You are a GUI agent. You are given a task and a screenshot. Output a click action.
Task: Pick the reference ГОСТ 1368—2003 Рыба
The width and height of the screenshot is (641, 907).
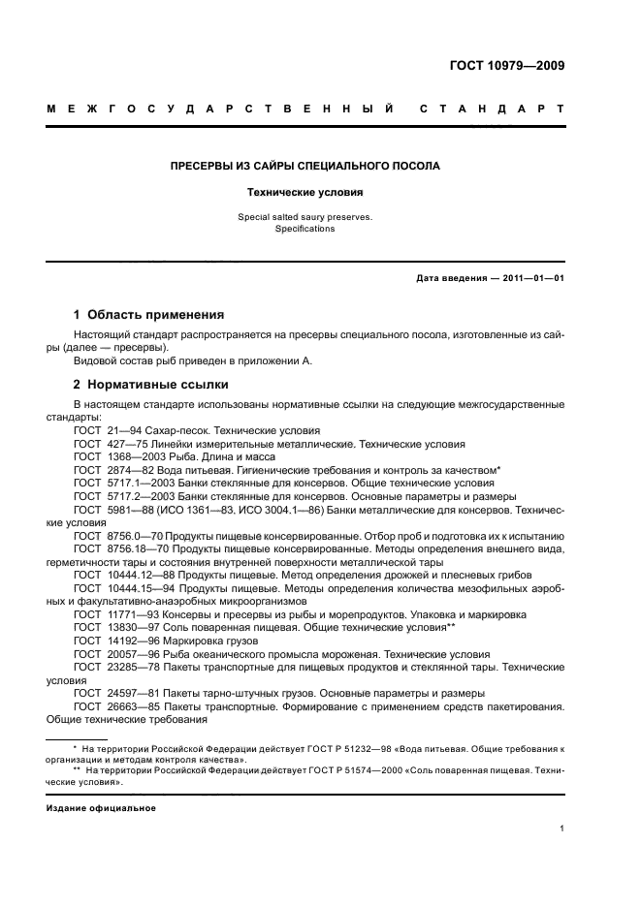pos(175,456)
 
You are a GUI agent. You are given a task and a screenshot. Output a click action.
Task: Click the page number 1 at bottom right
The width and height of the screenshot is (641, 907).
pos(561,829)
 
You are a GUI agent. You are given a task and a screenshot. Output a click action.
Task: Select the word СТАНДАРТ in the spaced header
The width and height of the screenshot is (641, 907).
pos(492,109)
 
